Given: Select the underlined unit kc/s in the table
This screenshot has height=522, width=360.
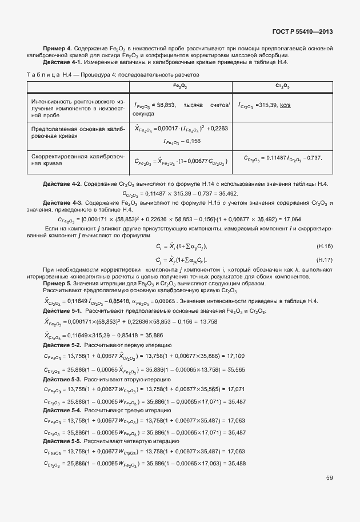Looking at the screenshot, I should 285,105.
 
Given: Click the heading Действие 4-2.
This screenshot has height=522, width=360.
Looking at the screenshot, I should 63,184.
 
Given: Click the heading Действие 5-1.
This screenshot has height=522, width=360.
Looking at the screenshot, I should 63,310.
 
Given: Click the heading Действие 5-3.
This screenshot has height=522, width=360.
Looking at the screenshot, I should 63,380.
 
